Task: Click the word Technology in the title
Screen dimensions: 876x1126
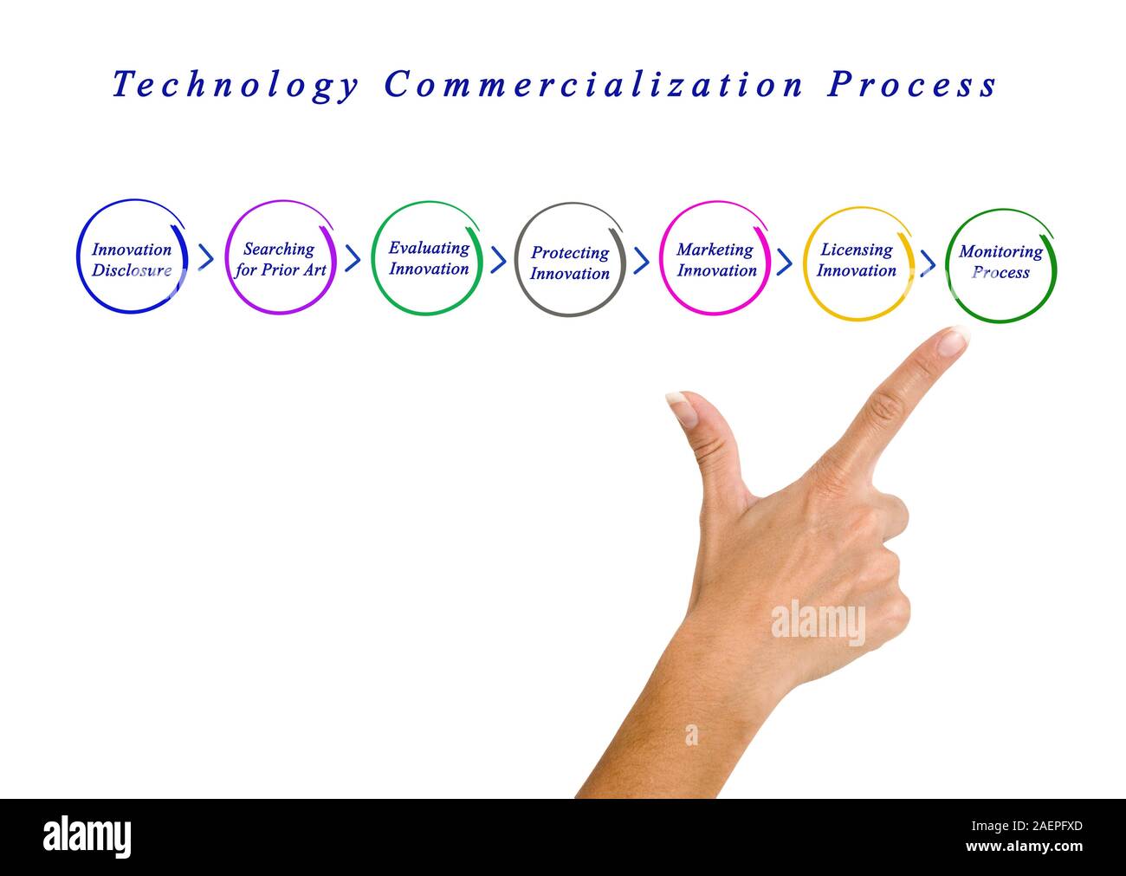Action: pos(236,86)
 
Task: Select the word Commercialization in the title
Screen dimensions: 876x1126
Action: pos(593,85)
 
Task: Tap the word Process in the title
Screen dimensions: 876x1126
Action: pos(912,85)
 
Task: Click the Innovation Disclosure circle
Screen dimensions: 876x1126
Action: pos(132,257)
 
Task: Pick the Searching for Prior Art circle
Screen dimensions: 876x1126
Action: pos(279,258)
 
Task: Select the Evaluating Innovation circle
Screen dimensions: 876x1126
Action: pos(427,258)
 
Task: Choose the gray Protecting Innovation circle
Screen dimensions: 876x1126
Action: pos(570,260)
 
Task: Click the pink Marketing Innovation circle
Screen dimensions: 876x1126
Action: pos(715,258)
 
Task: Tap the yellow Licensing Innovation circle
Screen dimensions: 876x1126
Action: pos(858,263)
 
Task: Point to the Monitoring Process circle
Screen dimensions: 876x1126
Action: pos(1001,264)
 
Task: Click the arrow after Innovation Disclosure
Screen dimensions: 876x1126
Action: pos(205,256)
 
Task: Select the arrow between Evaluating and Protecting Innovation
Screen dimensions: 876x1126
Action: pos(498,259)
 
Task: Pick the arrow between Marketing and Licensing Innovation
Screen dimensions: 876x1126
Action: pos(785,261)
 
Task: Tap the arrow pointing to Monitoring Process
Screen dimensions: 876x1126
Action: pos(928,262)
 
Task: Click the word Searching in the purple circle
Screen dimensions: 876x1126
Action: pos(279,249)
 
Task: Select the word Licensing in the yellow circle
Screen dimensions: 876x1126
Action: pos(857,250)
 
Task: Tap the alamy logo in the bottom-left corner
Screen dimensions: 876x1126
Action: pos(87,836)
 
